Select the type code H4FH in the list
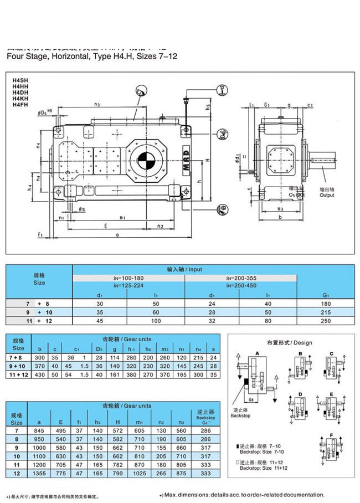[20, 104]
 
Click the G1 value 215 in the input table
[326, 313]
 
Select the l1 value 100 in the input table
[156, 321]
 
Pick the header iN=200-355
[241, 277]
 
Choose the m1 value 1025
[140, 474]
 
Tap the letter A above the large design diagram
[257, 352]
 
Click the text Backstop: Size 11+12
[264, 468]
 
